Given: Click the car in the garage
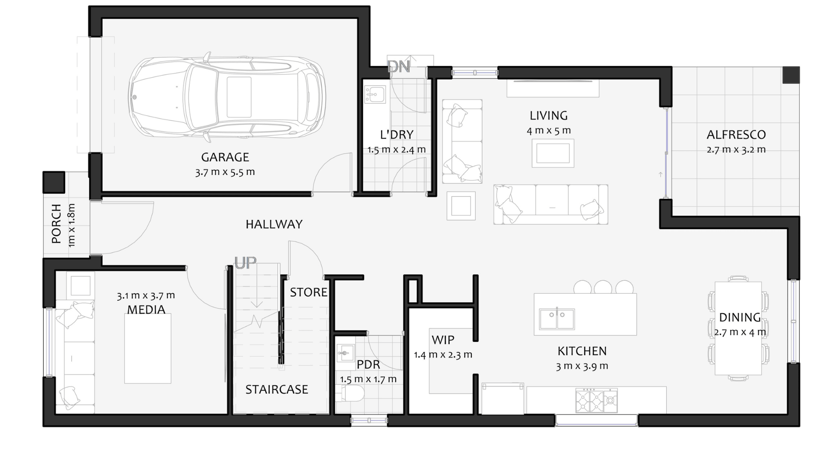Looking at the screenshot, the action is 227,97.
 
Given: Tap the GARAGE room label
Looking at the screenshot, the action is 225,157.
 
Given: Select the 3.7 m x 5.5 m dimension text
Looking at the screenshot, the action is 225,172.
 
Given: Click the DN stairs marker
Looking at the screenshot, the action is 398,66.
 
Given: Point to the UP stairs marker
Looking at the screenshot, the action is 245,262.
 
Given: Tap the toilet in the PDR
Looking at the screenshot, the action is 351,394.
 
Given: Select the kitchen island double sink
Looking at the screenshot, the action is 557,319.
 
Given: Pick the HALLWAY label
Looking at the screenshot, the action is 274,224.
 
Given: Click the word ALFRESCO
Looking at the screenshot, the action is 736,135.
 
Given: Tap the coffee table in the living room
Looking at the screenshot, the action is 553,153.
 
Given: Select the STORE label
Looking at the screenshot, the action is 309,292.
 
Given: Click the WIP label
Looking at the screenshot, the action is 443,340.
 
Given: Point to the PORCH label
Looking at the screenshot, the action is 56,224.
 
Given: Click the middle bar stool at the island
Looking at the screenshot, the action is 603,287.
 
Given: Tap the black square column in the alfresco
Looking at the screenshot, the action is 791,75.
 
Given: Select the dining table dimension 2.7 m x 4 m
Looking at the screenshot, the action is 740,332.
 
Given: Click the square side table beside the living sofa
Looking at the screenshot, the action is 461,206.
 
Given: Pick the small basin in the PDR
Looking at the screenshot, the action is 346,353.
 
